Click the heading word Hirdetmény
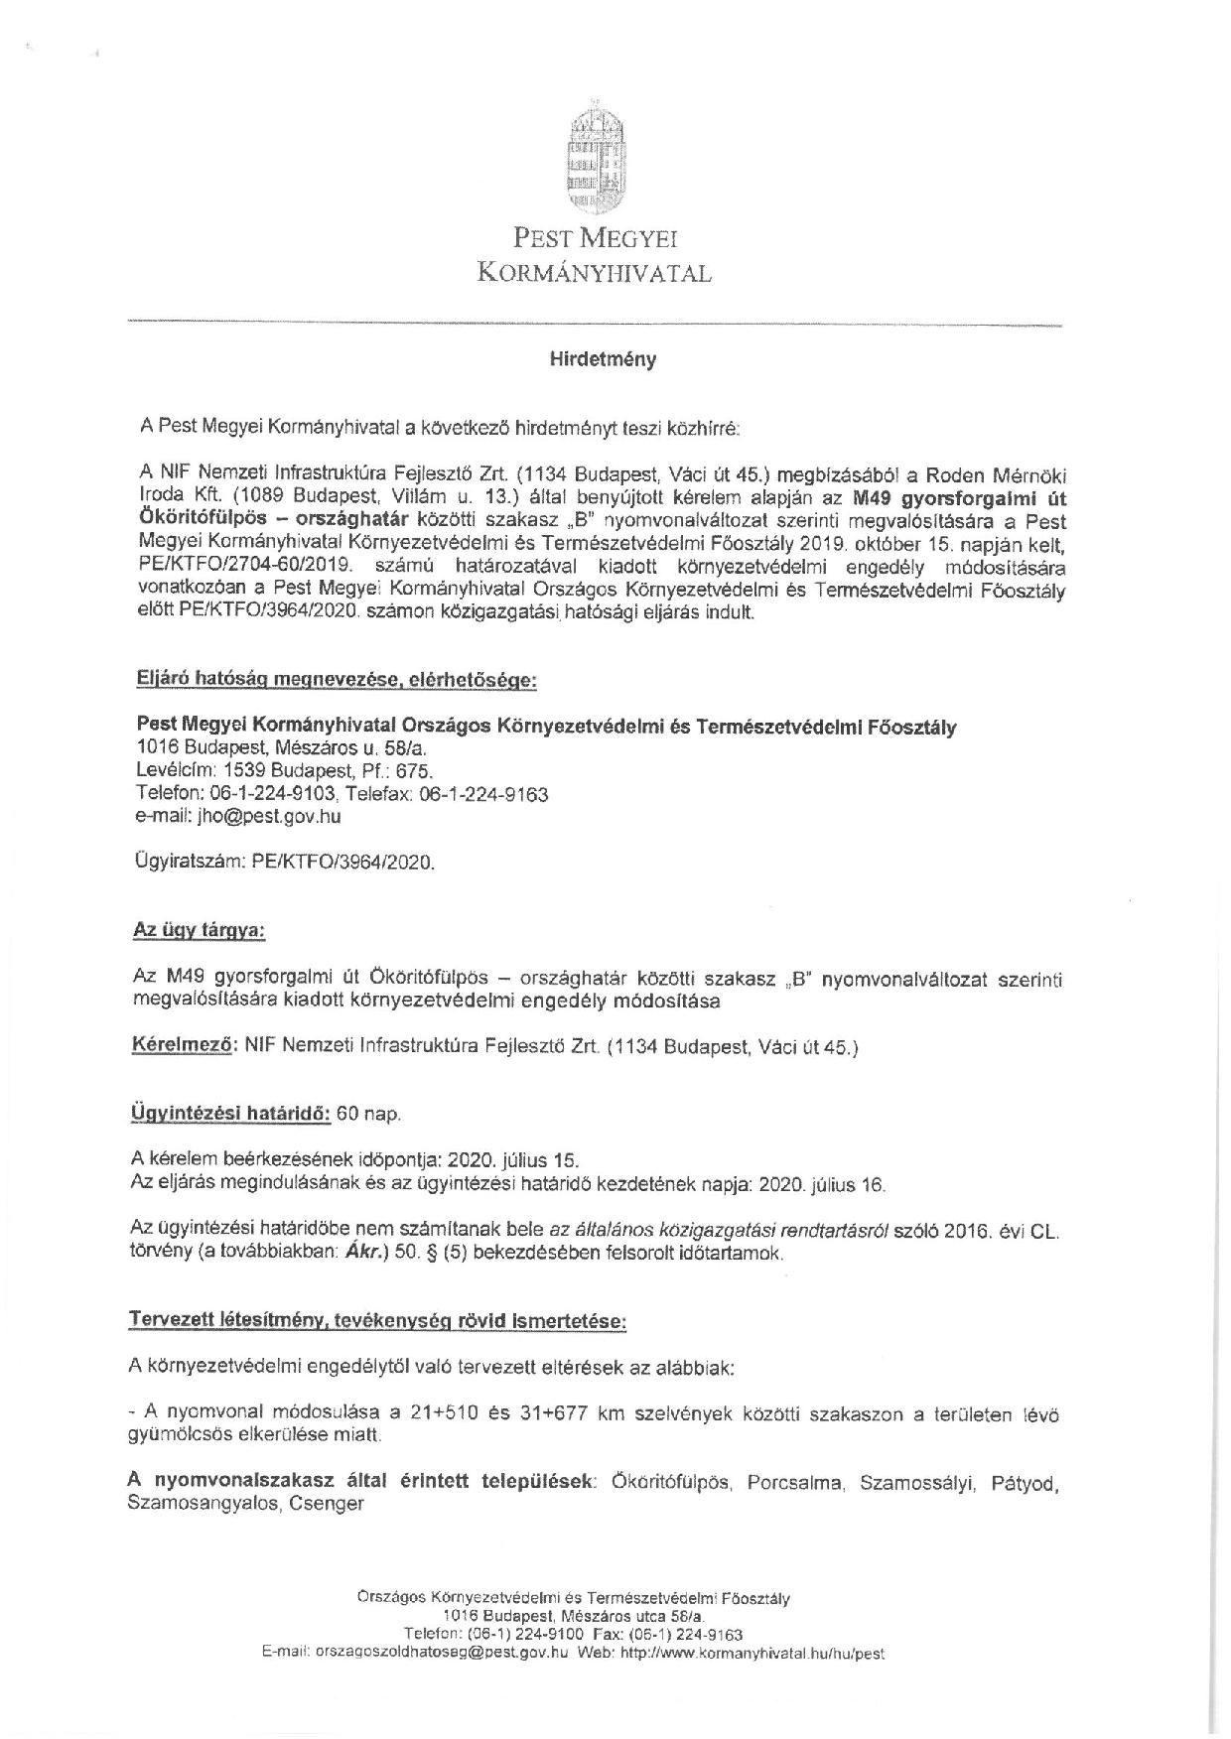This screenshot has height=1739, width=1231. tap(603, 360)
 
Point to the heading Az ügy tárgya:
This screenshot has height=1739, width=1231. tap(199, 932)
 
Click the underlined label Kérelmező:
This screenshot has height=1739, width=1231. tap(184, 1045)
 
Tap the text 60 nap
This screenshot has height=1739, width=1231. tap(368, 1114)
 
